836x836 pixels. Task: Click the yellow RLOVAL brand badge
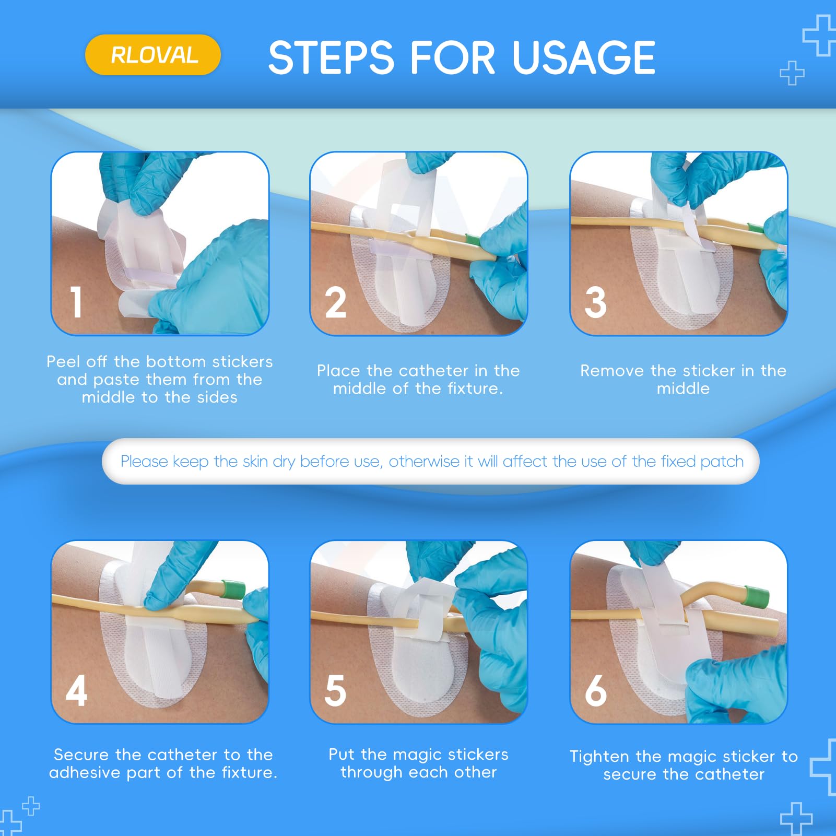153,55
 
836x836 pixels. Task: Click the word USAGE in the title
583,57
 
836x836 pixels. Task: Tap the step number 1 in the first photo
77,302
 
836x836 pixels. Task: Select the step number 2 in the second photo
335,302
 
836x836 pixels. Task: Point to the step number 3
596,302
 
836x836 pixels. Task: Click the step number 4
77,690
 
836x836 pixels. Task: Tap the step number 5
335,690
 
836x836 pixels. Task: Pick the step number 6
596,690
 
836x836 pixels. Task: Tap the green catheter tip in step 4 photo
233,589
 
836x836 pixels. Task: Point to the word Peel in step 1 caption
63,362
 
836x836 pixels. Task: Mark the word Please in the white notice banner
145,462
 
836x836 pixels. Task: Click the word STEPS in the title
331,57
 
